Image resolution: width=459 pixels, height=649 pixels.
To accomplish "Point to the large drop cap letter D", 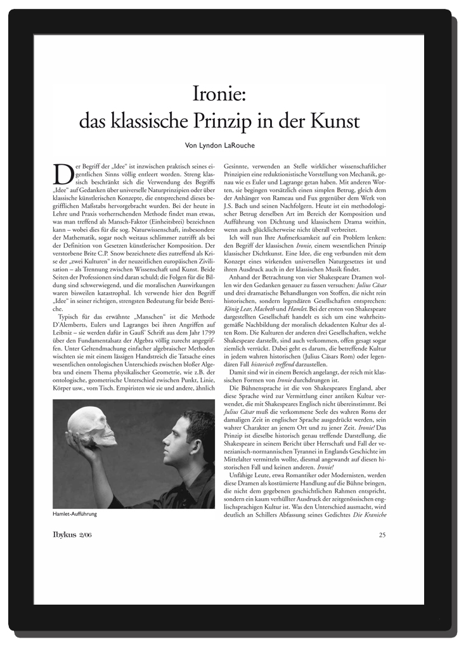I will (x=62, y=174).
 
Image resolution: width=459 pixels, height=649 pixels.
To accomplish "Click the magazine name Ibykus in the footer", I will (x=65, y=535).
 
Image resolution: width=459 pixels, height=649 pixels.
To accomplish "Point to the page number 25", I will (x=382, y=535).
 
